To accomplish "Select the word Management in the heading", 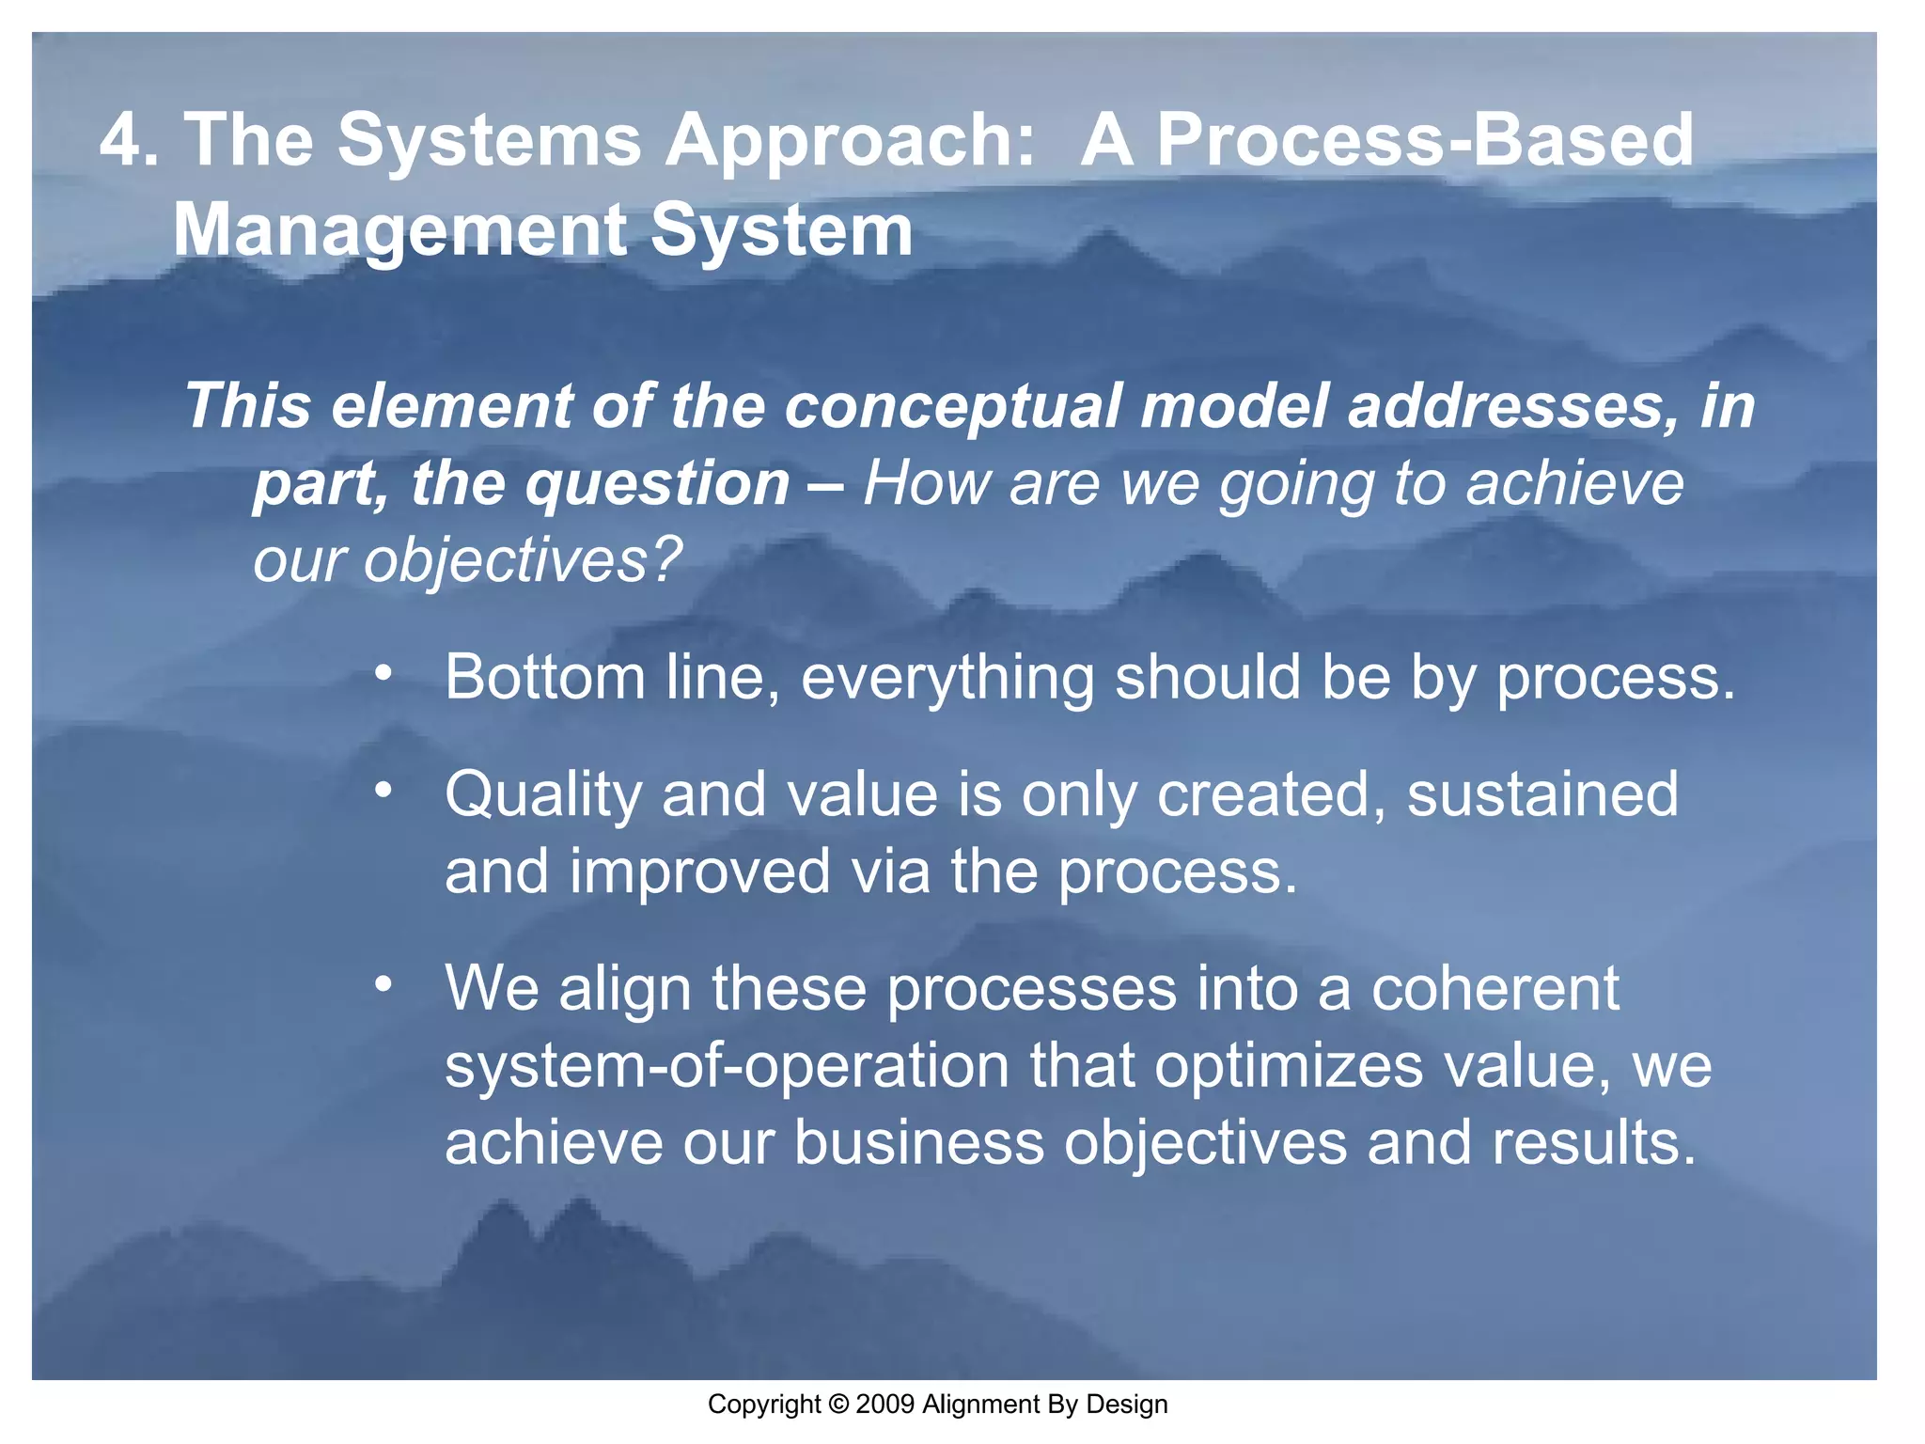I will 399,232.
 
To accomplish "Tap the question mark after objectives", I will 665,561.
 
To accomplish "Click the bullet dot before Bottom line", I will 383,674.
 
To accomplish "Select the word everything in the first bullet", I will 947,679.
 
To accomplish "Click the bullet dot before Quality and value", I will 383,791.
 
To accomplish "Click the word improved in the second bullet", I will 699,871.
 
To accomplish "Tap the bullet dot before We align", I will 383,984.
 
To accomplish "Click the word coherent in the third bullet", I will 1495,989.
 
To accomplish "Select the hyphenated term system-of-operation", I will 726,1067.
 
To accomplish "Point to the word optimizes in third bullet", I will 1288,1067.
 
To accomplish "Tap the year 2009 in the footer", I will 885,1405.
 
